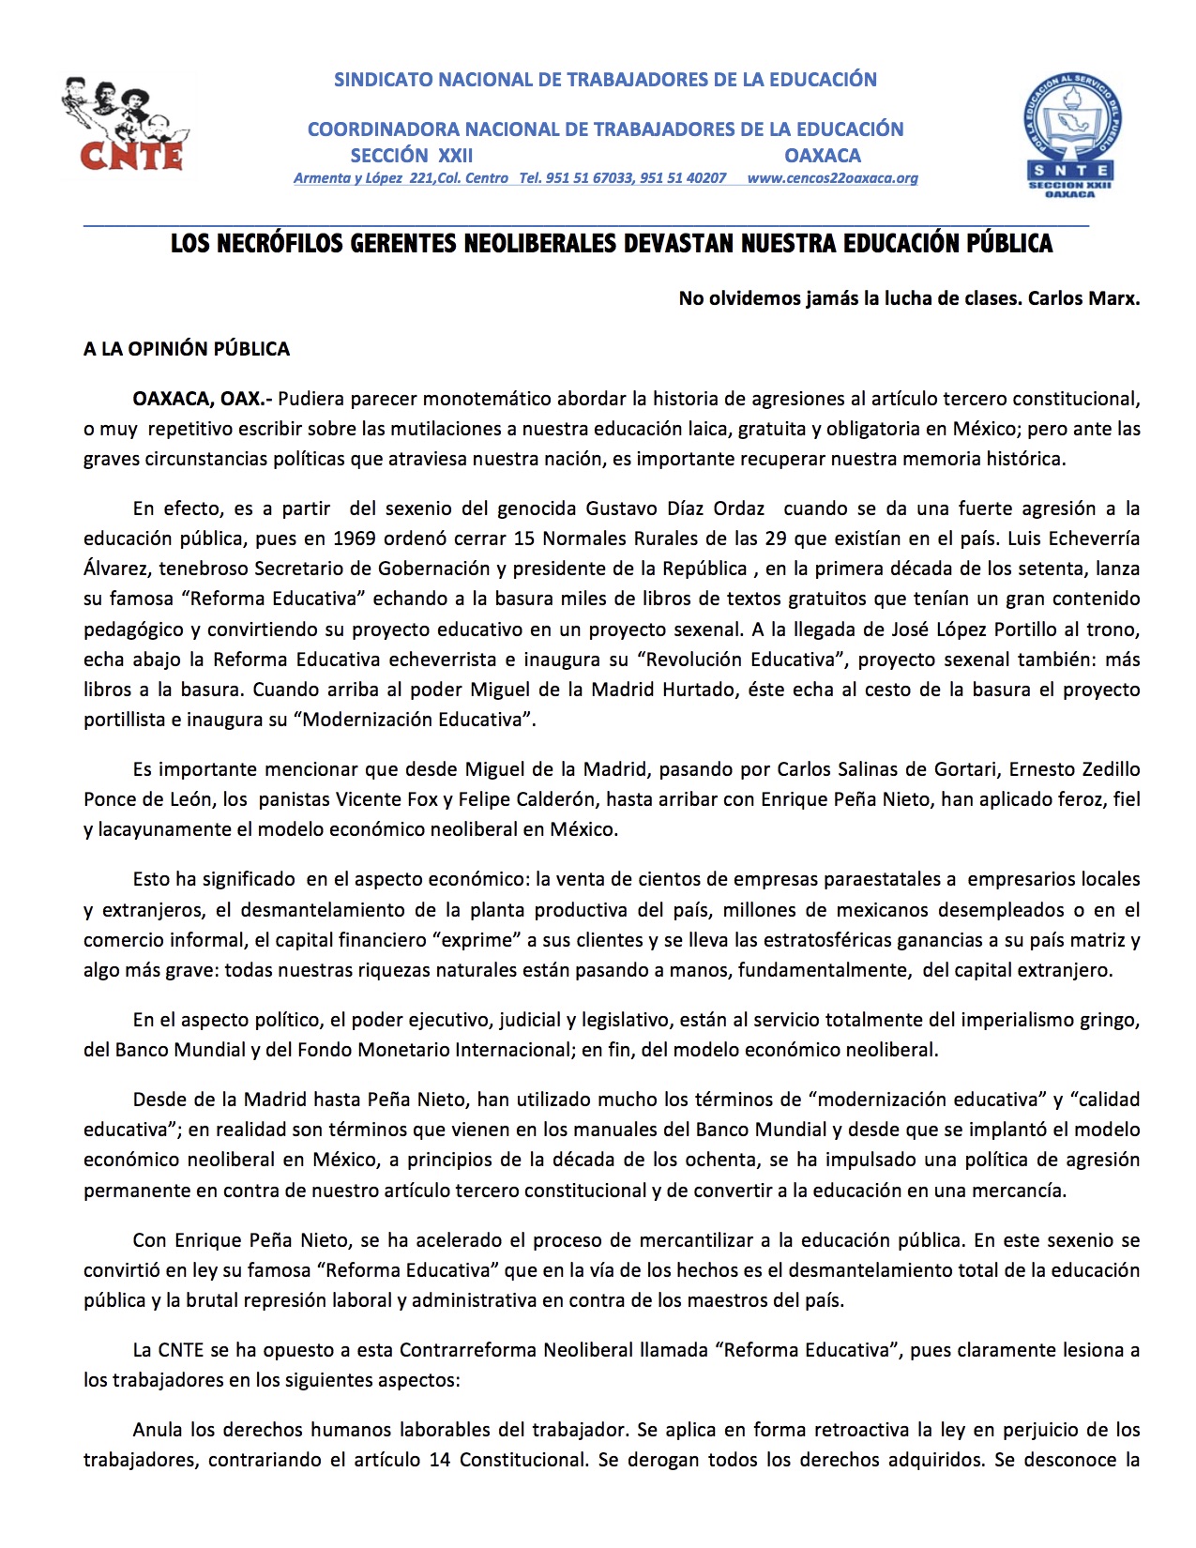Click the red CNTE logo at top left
[x=127, y=126]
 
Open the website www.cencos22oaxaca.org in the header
[x=832, y=178]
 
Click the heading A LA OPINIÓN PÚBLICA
[x=187, y=349]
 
